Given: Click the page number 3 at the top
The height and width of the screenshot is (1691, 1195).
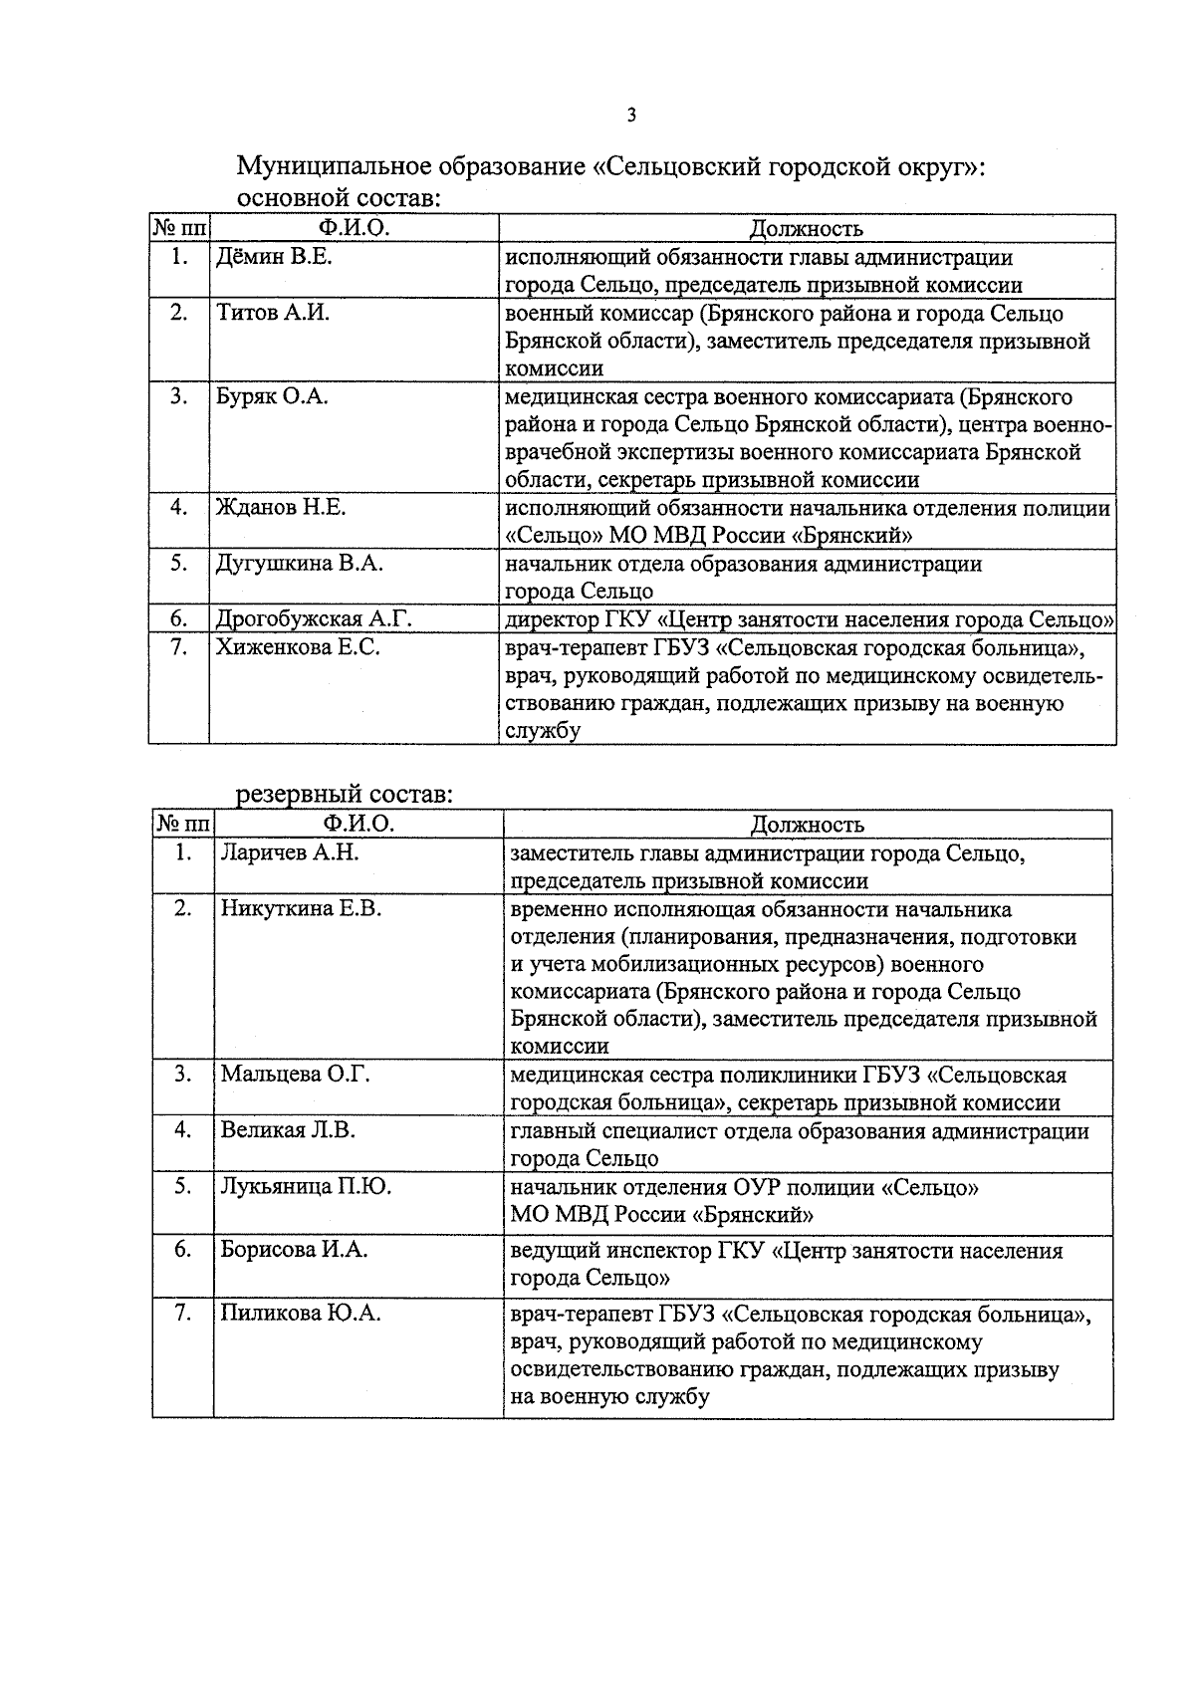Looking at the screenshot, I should [x=630, y=116].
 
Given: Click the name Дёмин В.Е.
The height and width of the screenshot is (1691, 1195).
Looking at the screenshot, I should [x=274, y=258].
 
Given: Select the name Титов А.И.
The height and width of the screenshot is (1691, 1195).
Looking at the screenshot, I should [x=273, y=314].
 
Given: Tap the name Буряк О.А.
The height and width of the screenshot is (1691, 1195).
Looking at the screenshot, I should [x=273, y=397].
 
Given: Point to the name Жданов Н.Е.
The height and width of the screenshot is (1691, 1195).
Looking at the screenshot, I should [x=281, y=508].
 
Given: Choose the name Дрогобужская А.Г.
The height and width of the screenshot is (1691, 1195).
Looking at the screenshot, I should [x=314, y=619].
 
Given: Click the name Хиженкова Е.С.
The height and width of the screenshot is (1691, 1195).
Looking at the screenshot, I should [x=298, y=647].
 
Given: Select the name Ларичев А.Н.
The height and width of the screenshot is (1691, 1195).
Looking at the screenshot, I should [x=289, y=853].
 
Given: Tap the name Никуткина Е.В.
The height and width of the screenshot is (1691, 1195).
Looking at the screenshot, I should [x=301, y=909].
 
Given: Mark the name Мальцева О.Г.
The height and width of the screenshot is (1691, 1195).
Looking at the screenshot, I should [x=295, y=1075].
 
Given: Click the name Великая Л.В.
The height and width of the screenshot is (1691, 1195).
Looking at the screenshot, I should [x=288, y=1130].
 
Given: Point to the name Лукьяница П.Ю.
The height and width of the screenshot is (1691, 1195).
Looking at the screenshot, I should [x=306, y=1187].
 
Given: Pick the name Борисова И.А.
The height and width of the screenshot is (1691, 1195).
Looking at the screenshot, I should [x=294, y=1250].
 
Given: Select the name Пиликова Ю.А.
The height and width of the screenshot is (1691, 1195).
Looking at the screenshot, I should [x=301, y=1315].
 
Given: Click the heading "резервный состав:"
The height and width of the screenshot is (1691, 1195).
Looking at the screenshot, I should [x=345, y=796].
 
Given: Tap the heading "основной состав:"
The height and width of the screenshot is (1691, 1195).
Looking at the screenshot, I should [x=339, y=198].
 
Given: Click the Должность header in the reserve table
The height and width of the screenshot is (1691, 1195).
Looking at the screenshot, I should [x=807, y=825].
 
